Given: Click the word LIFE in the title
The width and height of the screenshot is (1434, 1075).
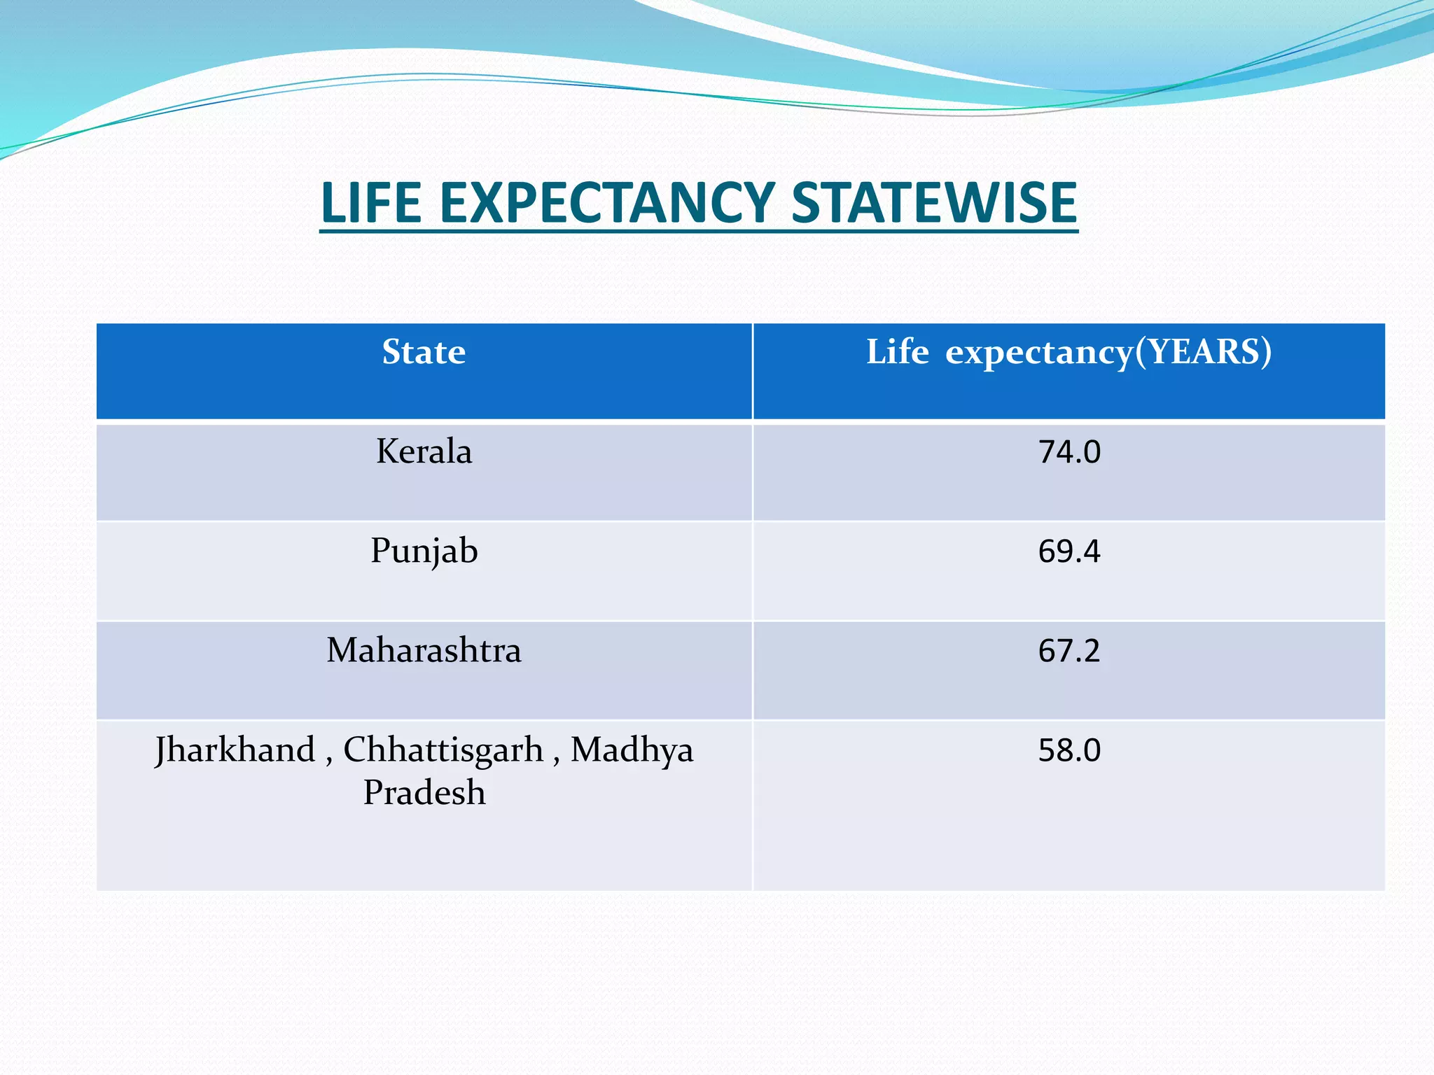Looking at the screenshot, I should [x=371, y=203].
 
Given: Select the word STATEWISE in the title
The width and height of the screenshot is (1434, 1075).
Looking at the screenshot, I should [x=934, y=203].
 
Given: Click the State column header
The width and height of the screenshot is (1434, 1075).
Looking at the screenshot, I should [x=424, y=351].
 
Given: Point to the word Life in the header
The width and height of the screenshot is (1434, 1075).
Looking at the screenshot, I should [x=898, y=351].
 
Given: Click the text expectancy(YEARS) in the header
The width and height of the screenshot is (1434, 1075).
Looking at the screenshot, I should [x=1108, y=353].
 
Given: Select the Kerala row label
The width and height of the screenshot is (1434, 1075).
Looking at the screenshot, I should [x=424, y=451].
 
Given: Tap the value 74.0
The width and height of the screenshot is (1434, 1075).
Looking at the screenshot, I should [x=1069, y=452].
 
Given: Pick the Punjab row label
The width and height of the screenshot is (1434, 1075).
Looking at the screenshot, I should [x=424, y=551].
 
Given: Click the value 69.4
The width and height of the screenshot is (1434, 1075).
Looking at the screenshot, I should [x=1069, y=551].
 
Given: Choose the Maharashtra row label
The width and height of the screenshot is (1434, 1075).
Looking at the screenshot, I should [x=424, y=650].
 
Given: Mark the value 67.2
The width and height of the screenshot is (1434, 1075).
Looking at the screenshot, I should [x=1069, y=651].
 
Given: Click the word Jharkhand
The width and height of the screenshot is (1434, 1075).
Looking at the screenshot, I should [x=235, y=750].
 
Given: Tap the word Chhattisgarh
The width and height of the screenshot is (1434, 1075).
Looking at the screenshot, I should [x=443, y=750].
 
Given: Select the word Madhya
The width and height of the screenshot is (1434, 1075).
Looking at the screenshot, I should [x=632, y=750].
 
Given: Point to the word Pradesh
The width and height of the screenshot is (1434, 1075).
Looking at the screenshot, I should [x=424, y=793].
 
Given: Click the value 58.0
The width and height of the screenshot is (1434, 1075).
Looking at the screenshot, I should [x=1069, y=750].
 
